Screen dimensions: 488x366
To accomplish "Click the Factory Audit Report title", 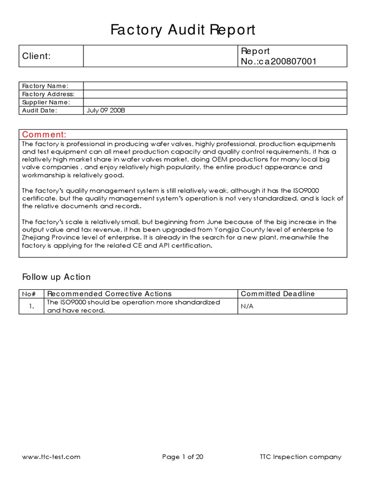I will (183, 30).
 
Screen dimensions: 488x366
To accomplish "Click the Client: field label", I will (36, 56).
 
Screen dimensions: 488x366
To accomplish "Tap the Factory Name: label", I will (45, 86).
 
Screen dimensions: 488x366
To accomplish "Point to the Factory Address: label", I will (48, 94).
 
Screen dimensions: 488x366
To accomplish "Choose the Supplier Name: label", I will (46, 102).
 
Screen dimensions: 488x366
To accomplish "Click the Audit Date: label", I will (40, 110).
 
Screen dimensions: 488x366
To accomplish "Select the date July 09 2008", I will (106, 110).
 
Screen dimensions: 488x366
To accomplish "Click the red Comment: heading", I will (44, 134).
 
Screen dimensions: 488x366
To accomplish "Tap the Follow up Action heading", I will (56, 277).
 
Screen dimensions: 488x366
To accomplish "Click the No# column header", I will (31, 294).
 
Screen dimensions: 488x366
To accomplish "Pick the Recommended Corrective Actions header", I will (110, 294).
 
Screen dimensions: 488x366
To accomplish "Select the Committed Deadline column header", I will (278, 294).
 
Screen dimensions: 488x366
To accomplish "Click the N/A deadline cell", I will (247, 306).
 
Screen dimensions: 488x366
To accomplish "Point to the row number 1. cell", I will (31, 306).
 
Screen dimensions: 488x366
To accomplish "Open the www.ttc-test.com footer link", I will (51, 457).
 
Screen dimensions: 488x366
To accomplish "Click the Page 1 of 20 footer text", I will (183, 457).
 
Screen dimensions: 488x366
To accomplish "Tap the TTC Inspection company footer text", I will (300, 457).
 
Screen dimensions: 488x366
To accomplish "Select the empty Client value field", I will (161, 56).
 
